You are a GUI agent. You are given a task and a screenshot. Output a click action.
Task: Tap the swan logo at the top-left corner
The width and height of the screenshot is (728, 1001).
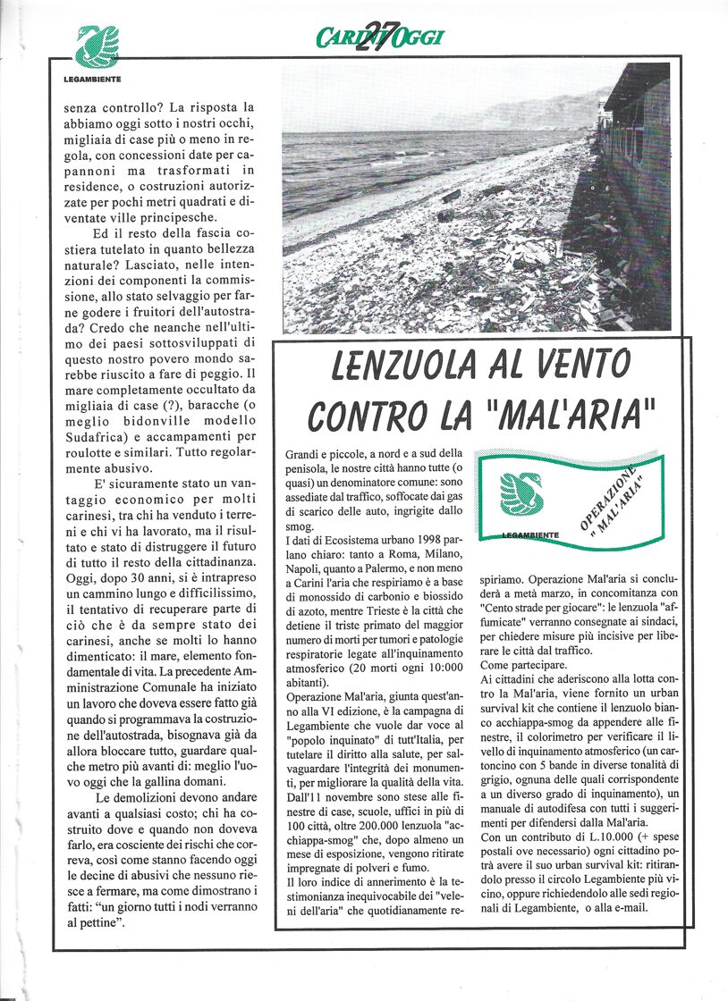[x=96, y=47]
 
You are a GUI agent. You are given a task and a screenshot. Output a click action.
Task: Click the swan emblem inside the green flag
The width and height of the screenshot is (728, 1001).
[x=521, y=495]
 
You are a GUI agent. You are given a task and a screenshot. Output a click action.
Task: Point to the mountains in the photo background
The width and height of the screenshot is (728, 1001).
[x=537, y=112]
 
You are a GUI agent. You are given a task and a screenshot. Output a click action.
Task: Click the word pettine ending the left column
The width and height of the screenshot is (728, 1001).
[x=97, y=921]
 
